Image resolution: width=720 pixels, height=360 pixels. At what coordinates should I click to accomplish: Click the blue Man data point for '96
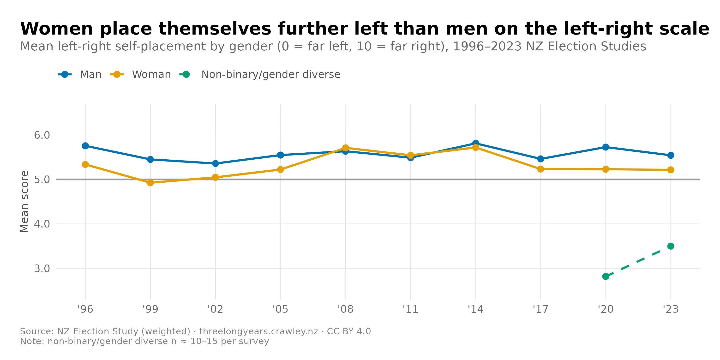coord(85,146)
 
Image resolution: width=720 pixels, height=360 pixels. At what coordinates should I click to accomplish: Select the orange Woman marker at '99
coord(150,182)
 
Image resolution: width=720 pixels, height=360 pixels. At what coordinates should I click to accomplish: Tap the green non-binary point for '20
coord(606,276)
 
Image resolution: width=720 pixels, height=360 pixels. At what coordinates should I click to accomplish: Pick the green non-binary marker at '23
coord(671,246)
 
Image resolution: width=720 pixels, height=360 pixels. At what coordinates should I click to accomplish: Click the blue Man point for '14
coord(475,143)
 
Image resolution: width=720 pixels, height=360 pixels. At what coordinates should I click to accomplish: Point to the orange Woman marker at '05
coord(280,169)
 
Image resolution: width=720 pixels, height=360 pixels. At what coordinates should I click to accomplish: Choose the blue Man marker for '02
coord(215,163)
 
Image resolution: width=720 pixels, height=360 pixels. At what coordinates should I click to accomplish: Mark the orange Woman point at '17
coord(540,169)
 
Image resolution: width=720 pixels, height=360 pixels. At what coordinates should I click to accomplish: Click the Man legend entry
coord(90,75)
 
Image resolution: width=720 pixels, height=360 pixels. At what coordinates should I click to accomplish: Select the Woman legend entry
coord(151,75)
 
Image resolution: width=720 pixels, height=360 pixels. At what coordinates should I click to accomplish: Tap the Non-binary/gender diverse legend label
coord(270,75)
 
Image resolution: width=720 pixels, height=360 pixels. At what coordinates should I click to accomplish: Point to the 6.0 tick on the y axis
coord(42,135)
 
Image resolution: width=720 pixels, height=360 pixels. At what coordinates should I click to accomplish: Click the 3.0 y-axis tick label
coord(42,269)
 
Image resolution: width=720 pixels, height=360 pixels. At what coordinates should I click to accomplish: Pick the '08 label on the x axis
coord(345,309)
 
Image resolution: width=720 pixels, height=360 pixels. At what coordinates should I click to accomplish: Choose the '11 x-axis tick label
coord(410,309)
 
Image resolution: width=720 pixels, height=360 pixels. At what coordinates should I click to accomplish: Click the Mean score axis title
coord(24,201)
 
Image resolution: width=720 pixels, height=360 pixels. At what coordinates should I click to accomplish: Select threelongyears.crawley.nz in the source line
coord(258,331)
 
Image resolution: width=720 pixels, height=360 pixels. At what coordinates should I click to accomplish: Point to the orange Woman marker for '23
coord(671,170)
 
